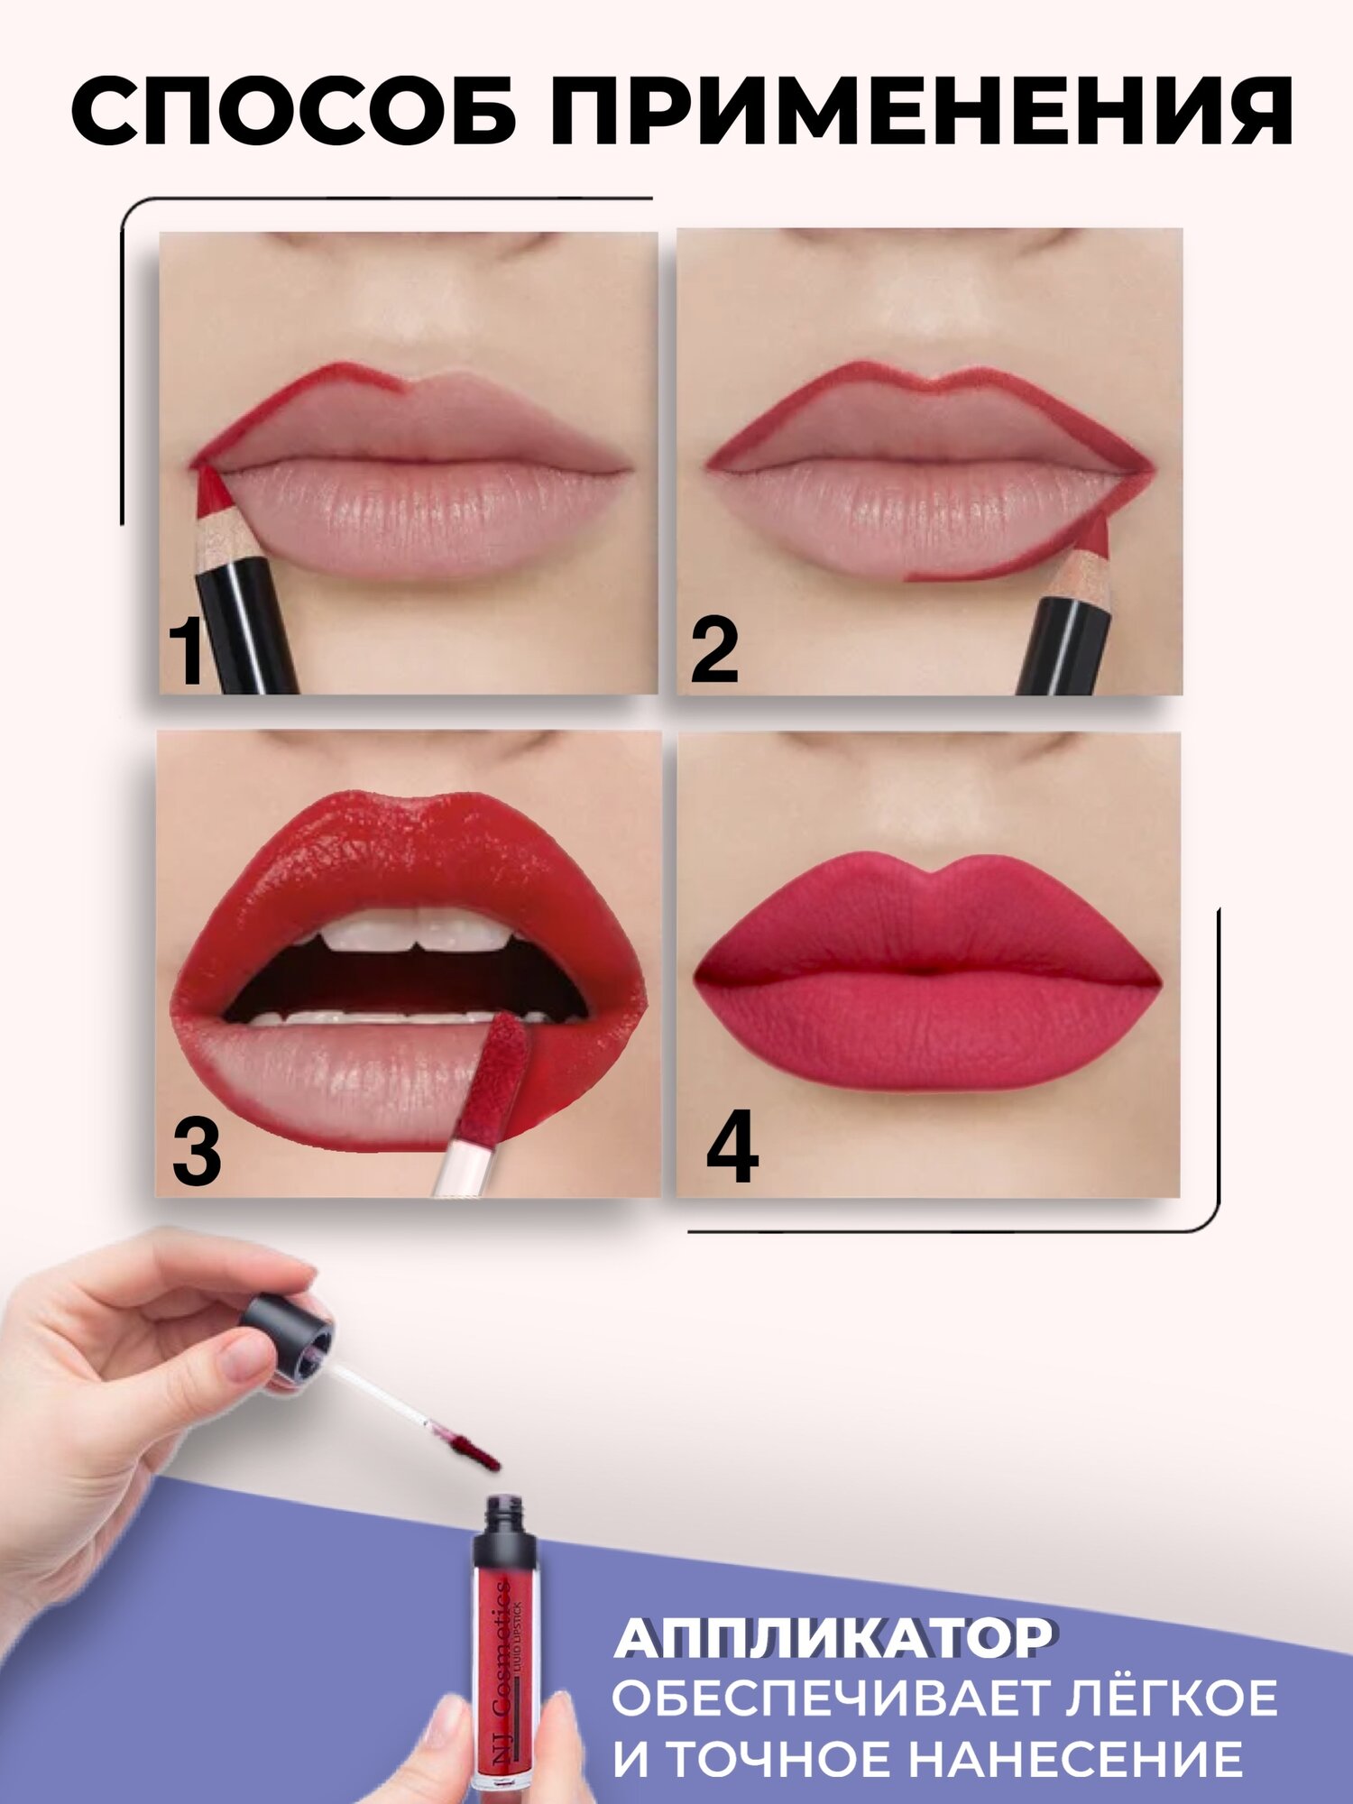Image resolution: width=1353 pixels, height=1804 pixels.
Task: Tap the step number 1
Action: point(187,652)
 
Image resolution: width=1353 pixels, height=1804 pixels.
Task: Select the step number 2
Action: point(714,651)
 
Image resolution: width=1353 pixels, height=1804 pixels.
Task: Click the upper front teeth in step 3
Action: point(415,929)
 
